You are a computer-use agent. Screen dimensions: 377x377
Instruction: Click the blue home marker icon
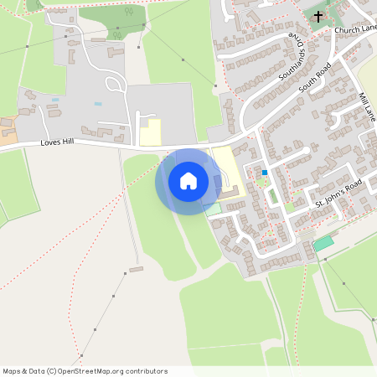pos(188,181)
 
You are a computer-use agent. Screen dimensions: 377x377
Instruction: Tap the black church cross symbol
pos(318,16)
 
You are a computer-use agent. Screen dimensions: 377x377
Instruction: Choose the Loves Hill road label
pos(57,143)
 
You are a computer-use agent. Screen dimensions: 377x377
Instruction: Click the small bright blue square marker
pos(265,173)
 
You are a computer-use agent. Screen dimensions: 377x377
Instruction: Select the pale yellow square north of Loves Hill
pos(150,132)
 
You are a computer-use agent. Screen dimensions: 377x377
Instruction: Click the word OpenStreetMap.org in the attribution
pos(87,370)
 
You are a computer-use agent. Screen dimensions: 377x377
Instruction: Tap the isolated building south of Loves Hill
pos(136,269)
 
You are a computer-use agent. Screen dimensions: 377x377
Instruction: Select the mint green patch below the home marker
pos(214,207)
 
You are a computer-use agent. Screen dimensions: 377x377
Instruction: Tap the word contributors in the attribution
pos(142,370)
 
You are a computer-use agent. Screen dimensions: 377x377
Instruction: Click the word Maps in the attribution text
pos(12,370)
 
